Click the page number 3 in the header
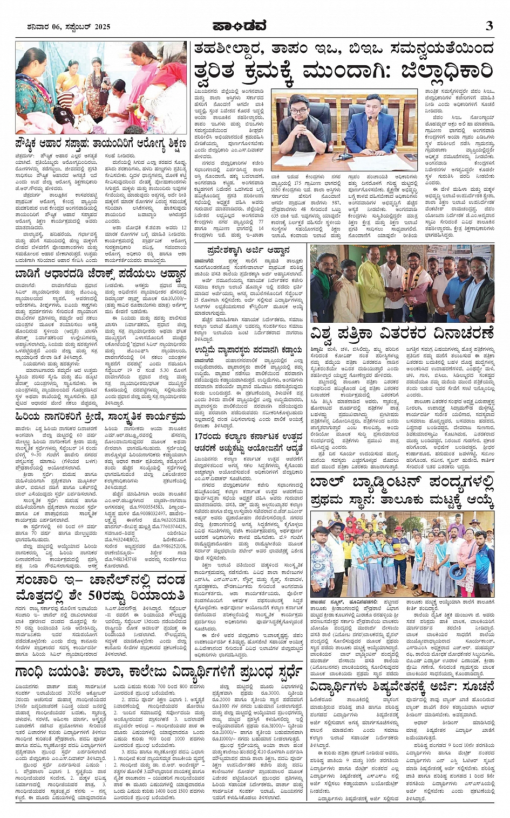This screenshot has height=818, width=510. click(x=489, y=25)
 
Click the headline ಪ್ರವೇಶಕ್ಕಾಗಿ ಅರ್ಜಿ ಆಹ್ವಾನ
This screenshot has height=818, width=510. click(x=249, y=251)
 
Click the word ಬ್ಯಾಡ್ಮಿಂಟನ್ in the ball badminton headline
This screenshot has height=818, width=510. click(x=392, y=483)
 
